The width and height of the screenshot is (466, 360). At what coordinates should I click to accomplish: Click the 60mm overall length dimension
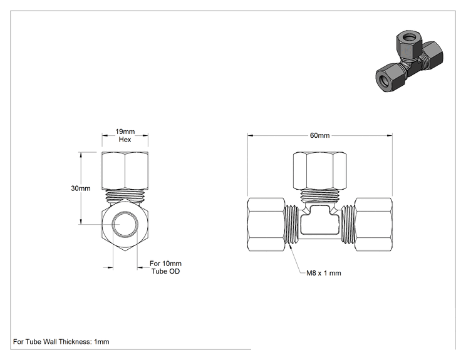(x=320, y=135)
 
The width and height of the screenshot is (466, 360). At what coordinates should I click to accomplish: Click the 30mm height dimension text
(x=81, y=188)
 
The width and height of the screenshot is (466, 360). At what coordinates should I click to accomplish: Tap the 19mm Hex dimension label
(x=125, y=135)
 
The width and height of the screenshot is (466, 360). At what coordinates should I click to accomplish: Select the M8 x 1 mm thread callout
(x=324, y=273)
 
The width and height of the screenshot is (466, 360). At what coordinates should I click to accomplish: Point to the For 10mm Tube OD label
(x=165, y=267)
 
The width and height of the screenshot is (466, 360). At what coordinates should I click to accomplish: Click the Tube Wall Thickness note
(x=61, y=342)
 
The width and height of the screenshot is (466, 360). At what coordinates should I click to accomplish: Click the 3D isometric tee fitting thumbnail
(x=409, y=61)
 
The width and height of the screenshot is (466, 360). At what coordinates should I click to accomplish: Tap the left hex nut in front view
(x=266, y=224)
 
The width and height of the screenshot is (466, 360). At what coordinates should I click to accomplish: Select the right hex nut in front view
(x=373, y=224)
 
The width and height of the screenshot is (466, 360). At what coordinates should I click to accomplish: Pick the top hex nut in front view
(x=320, y=171)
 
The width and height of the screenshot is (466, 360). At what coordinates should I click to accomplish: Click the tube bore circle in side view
(x=125, y=224)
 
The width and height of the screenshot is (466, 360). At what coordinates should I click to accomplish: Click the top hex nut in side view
(x=125, y=171)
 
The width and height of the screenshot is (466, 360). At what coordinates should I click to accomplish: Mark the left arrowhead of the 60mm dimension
(x=251, y=136)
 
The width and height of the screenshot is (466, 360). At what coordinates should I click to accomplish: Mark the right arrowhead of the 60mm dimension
(x=390, y=136)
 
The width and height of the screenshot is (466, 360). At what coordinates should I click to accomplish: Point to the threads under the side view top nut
(x=125, y=195)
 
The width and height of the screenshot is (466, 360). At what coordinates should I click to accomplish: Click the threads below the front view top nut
(x=320, y=195)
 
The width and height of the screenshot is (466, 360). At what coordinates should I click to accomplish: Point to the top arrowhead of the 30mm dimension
(x=81, y=155)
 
